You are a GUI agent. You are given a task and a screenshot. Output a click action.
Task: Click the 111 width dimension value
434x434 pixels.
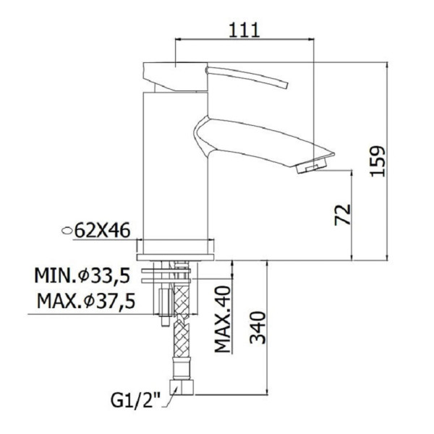244,30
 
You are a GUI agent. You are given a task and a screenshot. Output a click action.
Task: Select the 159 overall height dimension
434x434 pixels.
378,161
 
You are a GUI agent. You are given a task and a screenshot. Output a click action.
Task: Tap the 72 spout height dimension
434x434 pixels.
343,215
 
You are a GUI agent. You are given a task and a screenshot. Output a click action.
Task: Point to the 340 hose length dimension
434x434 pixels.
258,328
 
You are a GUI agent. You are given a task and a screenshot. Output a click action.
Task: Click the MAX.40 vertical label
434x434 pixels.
223,320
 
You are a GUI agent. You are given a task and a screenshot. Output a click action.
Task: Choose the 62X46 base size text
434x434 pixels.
102,230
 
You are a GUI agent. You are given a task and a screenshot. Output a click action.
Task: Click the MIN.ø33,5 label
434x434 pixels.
82,275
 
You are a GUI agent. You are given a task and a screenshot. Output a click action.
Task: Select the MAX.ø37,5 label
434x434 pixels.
86,301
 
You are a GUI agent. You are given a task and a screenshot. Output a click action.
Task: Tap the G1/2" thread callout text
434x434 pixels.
136,399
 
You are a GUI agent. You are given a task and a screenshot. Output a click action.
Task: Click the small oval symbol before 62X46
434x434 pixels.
67,231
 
